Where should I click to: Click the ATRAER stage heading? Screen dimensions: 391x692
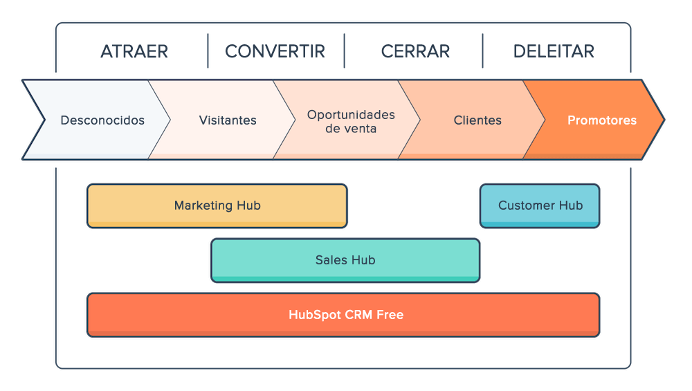pos(135,51)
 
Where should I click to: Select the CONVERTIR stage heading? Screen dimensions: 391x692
pos(275,51)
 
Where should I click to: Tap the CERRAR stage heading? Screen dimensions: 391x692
pos(416,51)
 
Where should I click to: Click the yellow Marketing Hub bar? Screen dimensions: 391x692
pos(217,206)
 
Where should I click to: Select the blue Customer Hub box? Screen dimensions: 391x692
pos(540,206)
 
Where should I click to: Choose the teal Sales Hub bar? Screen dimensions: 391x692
pos(345,260)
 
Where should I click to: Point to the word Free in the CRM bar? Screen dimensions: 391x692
pos(390,315)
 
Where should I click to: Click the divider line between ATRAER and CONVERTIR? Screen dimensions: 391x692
pos(208,51)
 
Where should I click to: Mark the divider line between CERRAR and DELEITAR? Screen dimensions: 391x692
pos(482,51)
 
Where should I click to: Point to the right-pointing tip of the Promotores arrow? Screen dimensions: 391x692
pos(663,120)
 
